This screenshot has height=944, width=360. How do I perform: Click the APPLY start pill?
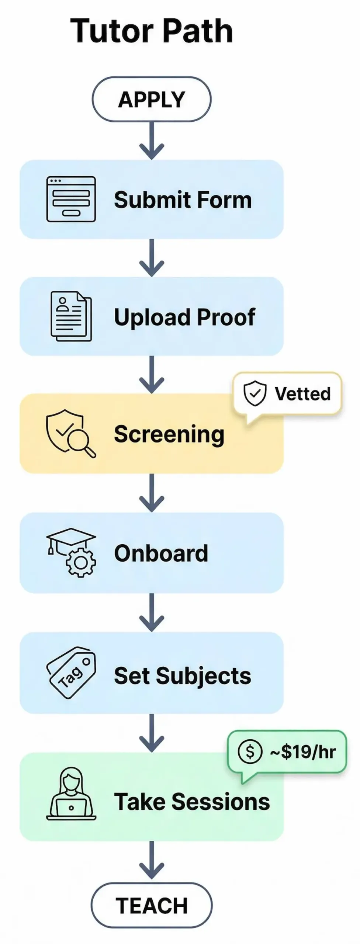151,99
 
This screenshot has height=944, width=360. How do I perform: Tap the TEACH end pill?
151,905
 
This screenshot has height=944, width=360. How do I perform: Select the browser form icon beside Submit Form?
71,199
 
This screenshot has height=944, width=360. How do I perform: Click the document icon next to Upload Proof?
71,316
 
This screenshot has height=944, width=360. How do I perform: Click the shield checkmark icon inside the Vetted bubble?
255,393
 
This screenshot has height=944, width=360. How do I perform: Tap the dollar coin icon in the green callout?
250,751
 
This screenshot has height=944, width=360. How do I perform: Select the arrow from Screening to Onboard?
151,493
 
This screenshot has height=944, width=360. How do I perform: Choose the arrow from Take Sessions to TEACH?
151,860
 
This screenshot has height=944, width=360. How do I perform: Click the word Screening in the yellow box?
169,434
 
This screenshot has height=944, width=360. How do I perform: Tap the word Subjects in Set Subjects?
203,676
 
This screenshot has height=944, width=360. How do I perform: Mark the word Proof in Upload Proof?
225,317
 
